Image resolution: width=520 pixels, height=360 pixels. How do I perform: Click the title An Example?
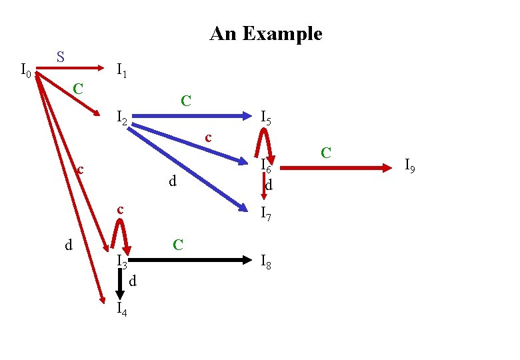point(265,34)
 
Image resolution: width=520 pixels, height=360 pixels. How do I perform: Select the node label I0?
point(26,69)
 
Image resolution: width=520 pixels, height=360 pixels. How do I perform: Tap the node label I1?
point(123,69)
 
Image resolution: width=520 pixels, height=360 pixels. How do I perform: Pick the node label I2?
point(122,119)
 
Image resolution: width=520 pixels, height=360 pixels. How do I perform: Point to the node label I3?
point(121,261)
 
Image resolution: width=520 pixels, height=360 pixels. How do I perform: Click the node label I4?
point(122,308)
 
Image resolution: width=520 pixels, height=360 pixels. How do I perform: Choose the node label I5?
point(265,119)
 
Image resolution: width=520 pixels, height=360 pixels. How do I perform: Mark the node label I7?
point(265,213)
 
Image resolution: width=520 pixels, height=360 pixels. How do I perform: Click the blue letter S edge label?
point(60,57)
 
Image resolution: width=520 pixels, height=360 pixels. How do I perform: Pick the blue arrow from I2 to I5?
point(193,116)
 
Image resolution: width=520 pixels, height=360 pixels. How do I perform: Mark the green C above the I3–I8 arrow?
point(178,245)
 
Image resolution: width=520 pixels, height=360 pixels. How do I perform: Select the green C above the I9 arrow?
point(326,153)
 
